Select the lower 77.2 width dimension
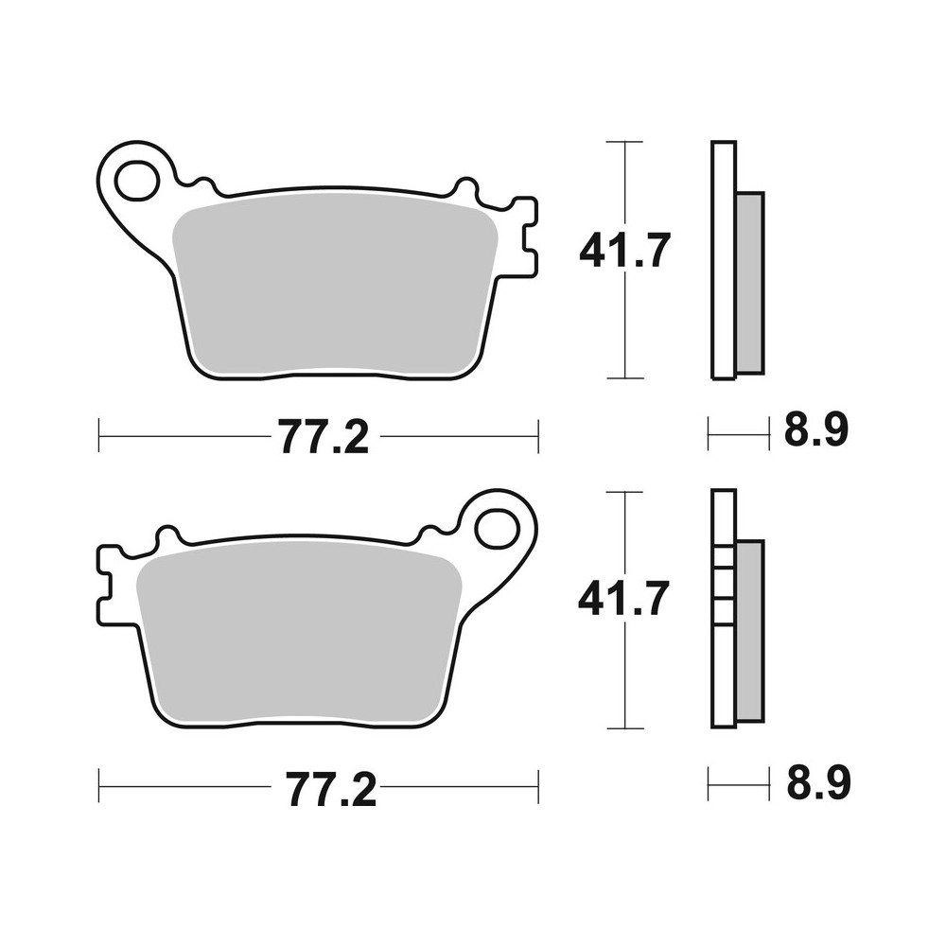coord(323,788)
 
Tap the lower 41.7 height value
coord(624,600)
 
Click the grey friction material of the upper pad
coord(336,284)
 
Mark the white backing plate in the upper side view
coord(722,260)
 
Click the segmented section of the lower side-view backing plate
coord(723,587)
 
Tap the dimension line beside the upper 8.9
coord(738,436)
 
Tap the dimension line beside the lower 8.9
coord(738,784)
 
